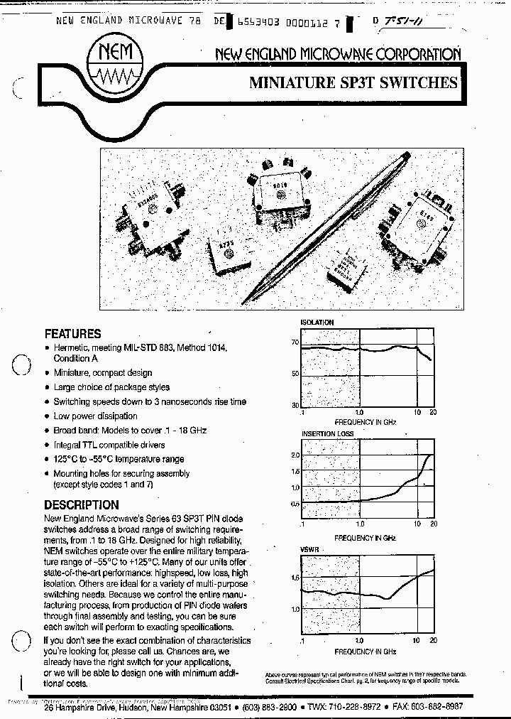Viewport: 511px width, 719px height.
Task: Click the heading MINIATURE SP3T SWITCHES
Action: pos(353,83)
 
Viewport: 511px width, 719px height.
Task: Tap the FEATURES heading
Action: pos(72,333)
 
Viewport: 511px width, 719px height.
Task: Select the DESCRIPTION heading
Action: pos(81,505)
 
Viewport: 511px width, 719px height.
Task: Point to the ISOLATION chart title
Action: pos(317,323)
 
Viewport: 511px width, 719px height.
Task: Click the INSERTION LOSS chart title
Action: pos(327,433)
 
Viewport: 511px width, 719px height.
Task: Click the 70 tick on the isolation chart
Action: pos(295,342)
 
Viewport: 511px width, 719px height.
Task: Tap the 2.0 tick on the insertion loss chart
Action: pos(295,455)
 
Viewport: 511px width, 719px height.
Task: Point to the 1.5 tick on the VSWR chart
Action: pos(295,578)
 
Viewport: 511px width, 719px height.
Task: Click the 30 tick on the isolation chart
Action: pos(295,405)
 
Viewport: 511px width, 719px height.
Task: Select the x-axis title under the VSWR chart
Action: pos(365,652)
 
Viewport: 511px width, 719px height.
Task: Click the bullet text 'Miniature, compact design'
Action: pos(103,372)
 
